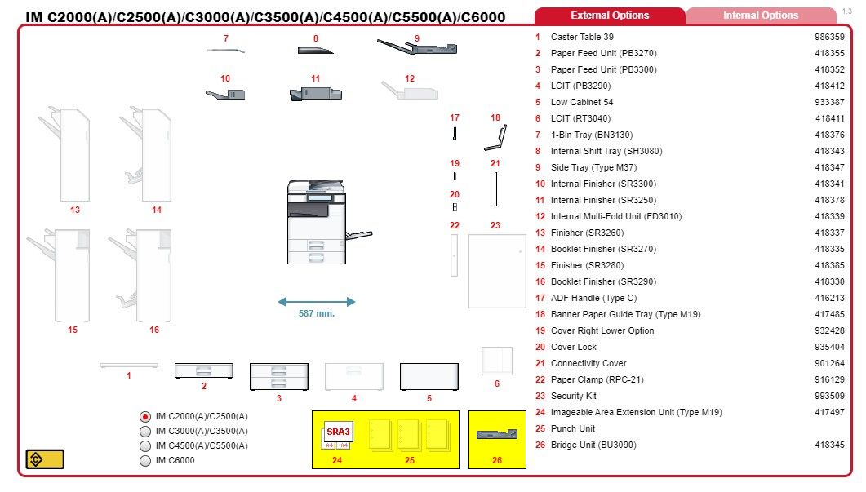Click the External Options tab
point(610,16)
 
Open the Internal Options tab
point(760,16)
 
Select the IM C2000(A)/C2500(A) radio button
point(145,416)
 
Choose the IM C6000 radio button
point(145,460)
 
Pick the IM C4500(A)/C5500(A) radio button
point(145,445)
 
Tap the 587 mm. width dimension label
point(317,313)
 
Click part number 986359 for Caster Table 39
point(829,37)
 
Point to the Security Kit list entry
point(573,396)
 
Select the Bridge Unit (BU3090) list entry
point(593,445)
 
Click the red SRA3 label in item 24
point(338,432)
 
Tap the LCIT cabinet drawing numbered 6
point(496,361)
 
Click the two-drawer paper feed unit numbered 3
point(279,376)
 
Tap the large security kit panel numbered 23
point(496,271)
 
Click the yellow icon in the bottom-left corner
point(45,459)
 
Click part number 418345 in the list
point(829,445)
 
